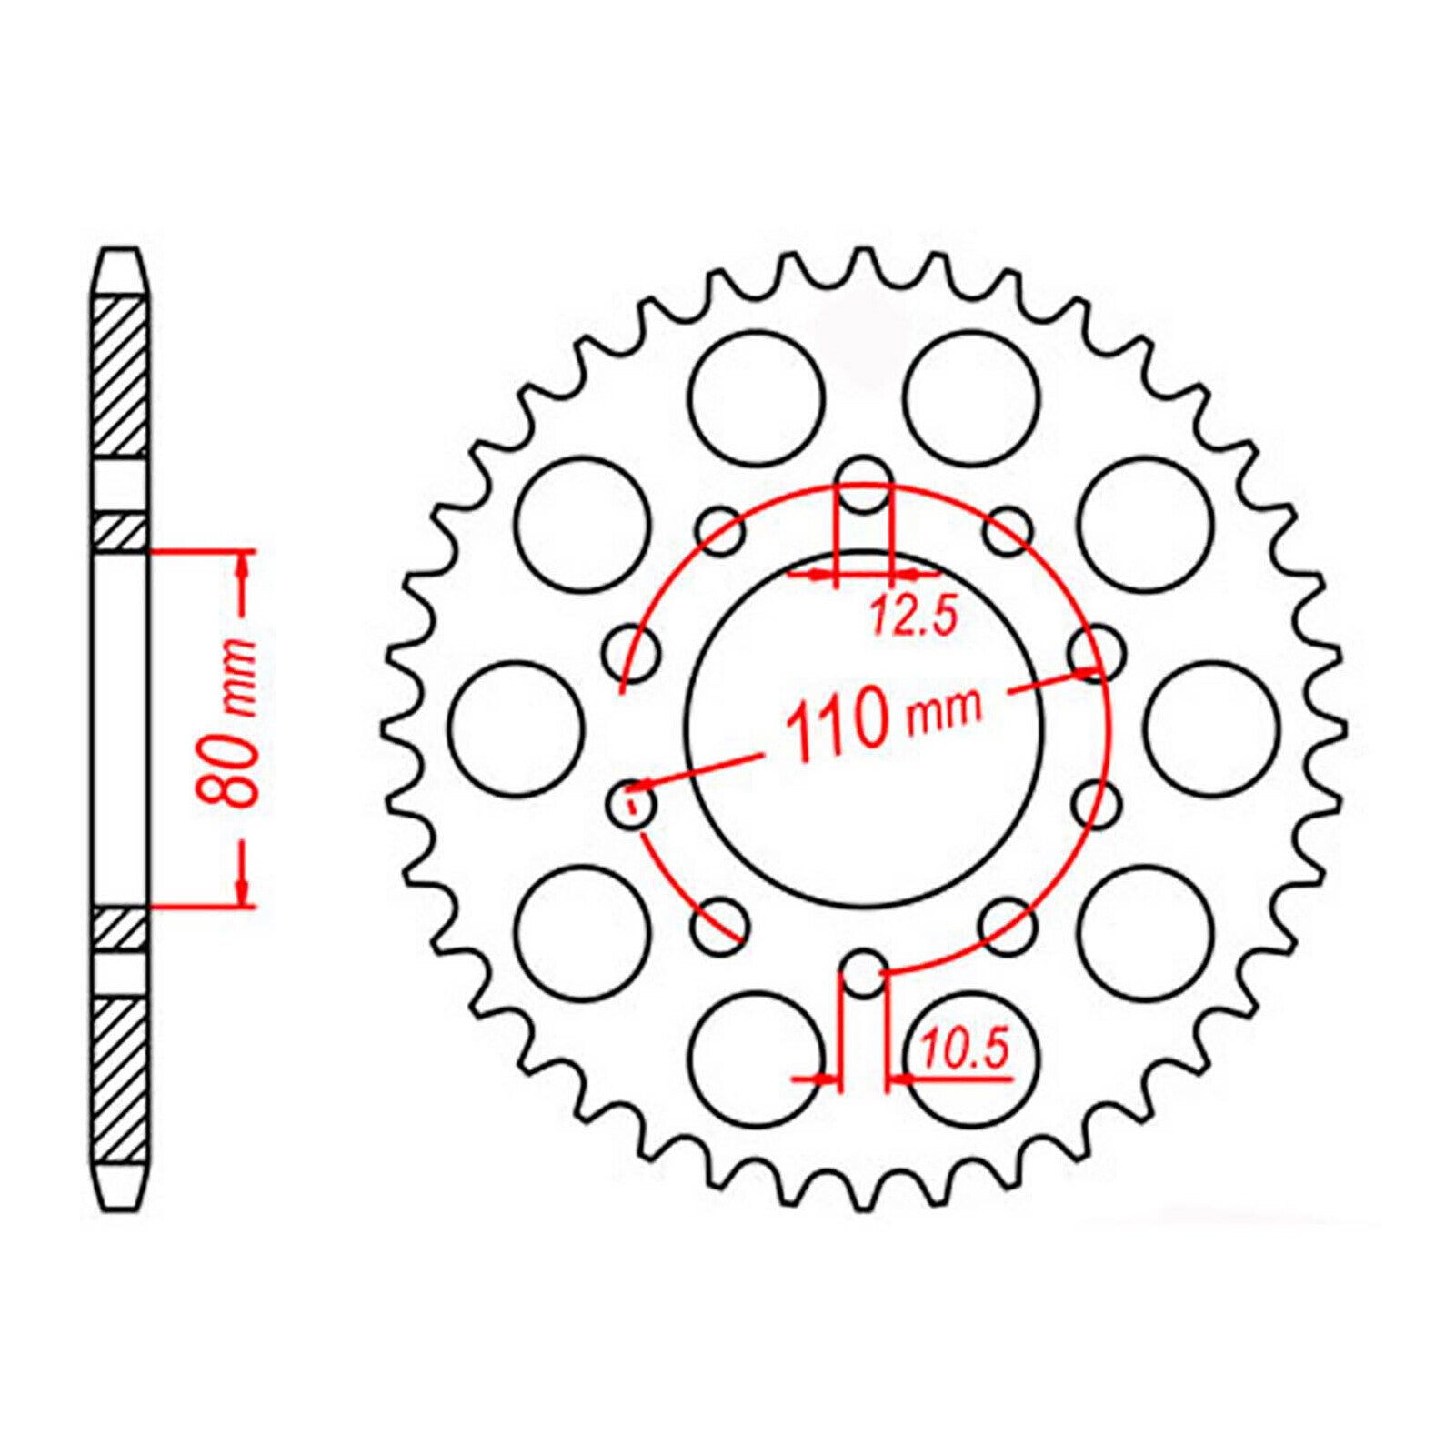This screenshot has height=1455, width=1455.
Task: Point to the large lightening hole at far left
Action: coord(516,728)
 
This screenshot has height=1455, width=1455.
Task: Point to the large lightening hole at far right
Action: coord(1212,727)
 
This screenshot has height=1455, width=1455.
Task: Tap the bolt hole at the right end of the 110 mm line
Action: coord(1096,652)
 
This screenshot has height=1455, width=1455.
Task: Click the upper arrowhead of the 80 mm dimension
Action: coord(243,567)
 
